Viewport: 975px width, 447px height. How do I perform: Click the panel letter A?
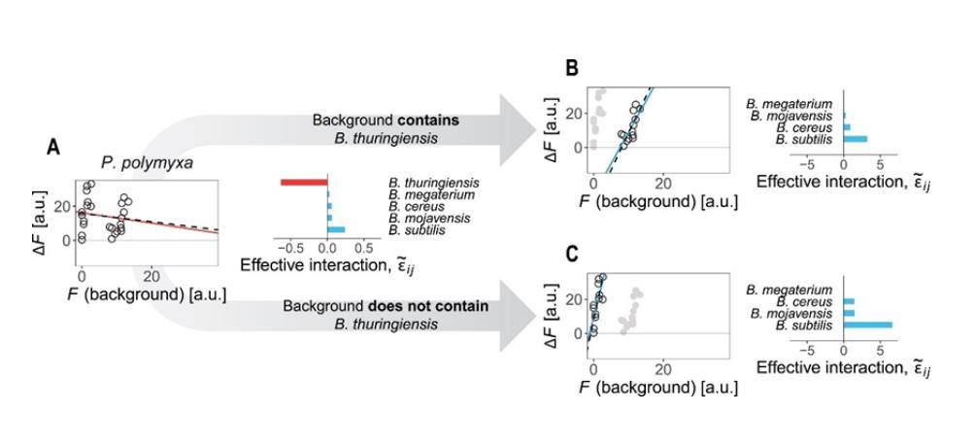tap(56, 147)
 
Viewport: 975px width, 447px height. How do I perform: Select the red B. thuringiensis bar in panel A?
tap(304, 183)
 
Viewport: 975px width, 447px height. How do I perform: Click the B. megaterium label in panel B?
tap(790, 103)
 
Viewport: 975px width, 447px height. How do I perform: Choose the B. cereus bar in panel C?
tap(849, 301)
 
